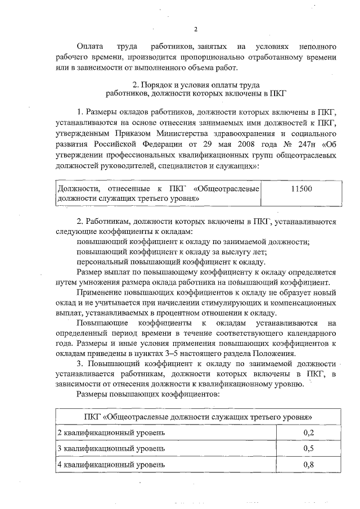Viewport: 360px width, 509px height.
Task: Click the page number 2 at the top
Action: tap(195, 30)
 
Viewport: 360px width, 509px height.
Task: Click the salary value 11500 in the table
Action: tap(298, 190)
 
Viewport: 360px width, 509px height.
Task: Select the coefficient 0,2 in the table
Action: tap(308, 432)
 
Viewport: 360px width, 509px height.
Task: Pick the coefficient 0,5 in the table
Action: tap(308, 448)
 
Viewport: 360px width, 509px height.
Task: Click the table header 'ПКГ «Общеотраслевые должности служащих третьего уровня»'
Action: tap(195, 416)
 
